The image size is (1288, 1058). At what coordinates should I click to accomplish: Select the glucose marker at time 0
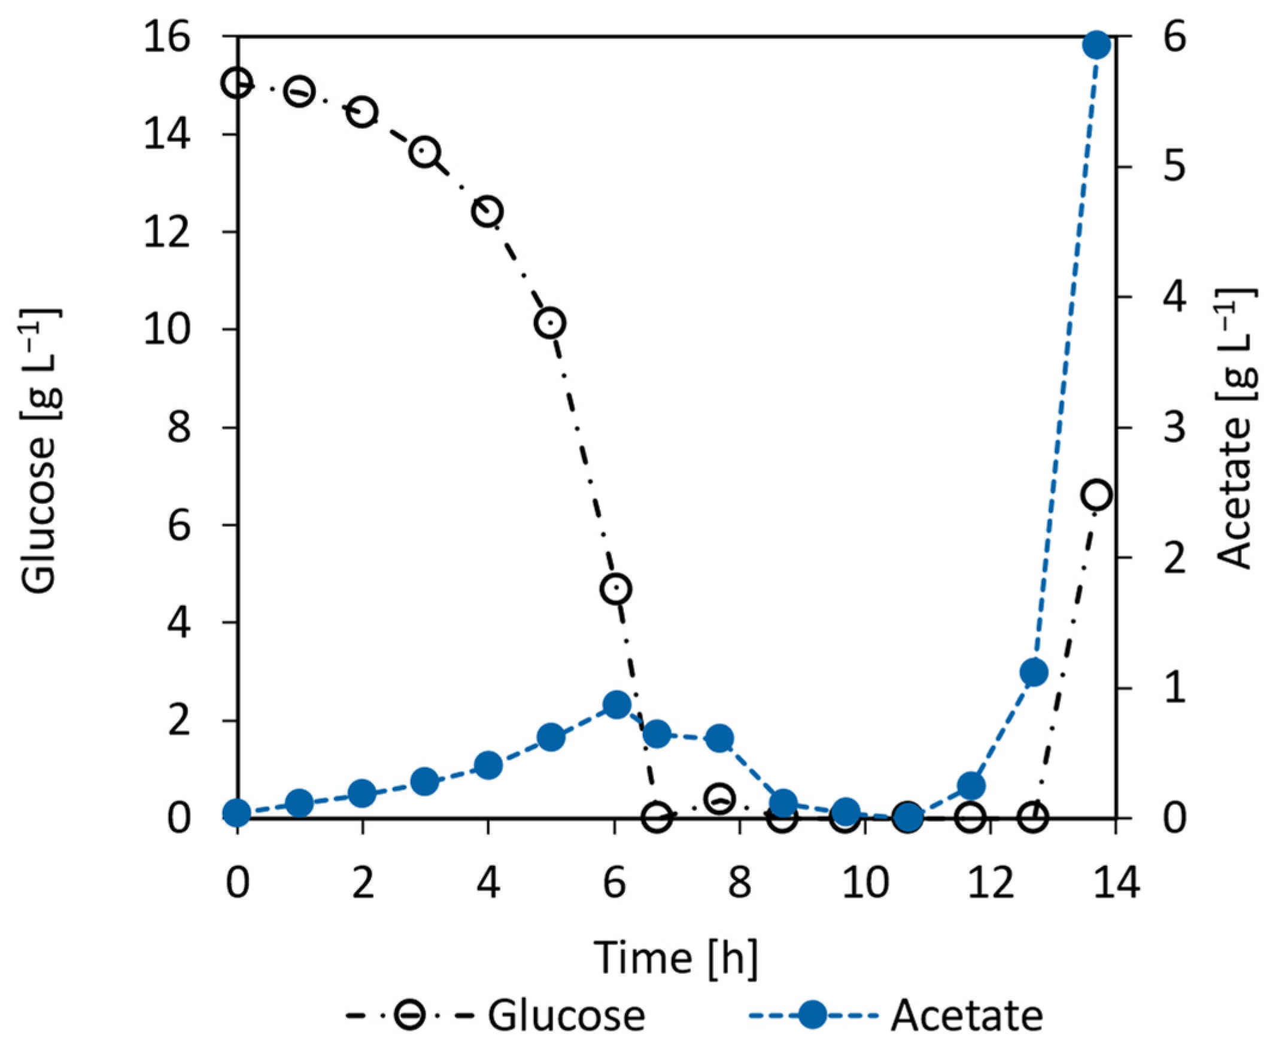click(237, 84)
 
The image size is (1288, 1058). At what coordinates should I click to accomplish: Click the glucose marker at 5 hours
click(551, 323)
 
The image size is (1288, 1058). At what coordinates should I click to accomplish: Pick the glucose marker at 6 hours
click(616, 589)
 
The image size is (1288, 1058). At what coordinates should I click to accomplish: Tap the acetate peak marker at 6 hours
click(616, 705)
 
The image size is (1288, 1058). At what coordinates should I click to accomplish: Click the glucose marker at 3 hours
click(426, 153)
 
